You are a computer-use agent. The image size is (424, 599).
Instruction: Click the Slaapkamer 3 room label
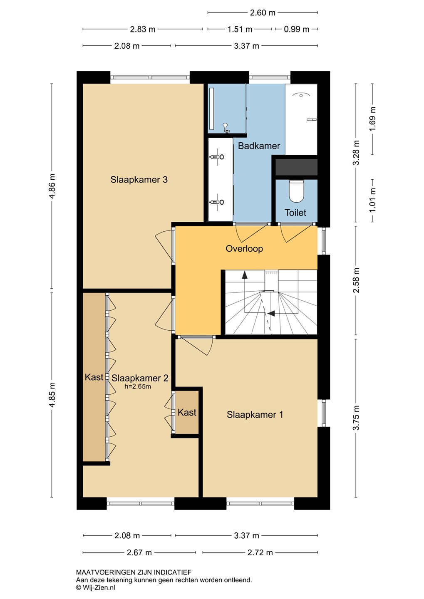(x=139, y=179)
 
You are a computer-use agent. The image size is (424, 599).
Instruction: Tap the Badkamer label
(x=259, y=146)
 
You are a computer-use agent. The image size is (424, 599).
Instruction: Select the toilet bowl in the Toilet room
(x=296, y=191)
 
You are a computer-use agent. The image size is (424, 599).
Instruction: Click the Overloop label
(x=244, y=249)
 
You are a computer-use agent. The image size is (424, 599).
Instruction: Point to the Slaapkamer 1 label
(x=255, y=414)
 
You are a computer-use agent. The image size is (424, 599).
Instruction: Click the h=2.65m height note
(x=137, y=386)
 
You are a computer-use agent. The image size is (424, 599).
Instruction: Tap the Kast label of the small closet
(x=187, y=412)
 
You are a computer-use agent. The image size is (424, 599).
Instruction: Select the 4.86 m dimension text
(x=52, y=186)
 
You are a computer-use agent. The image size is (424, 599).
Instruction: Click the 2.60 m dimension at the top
(x=263, y=12)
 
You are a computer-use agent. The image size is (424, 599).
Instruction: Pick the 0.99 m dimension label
(x=296, y=29)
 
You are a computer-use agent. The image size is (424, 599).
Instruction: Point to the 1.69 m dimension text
(x=372, y=119)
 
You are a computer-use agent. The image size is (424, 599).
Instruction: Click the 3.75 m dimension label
(x=356, y=418)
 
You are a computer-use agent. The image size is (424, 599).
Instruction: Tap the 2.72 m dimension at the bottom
(x=260, y=552)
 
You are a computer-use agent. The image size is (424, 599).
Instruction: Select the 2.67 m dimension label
(x=139, y=552)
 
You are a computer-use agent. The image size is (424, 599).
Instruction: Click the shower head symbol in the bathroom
(x=226, y=128)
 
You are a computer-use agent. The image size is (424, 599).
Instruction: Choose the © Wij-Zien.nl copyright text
(x=96, y=587)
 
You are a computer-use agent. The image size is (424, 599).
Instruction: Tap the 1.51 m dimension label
(x=240, y=29)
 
